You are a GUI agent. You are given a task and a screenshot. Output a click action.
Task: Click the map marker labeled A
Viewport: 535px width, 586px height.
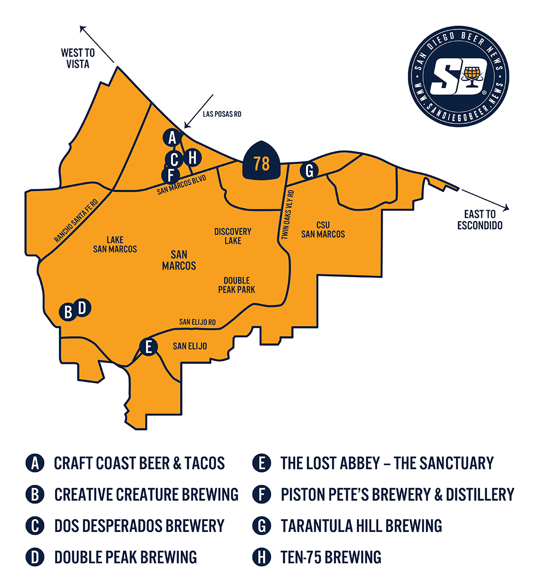click(x=172, y=138)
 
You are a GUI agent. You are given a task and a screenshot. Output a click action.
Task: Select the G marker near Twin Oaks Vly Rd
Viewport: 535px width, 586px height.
click(x=309, y=171)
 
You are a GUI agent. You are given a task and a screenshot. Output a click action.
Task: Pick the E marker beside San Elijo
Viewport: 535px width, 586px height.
click(x=148, y=347)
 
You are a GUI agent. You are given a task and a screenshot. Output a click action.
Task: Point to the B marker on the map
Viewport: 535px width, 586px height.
click(x=68, y=311)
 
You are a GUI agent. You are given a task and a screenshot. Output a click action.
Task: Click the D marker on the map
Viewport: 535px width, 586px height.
click(x=82, y=308)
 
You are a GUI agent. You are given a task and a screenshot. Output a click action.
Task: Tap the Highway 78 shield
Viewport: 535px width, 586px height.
click(x=262, y=161)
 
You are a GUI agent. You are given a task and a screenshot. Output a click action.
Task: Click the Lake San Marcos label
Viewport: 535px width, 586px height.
click(x=114, y=245)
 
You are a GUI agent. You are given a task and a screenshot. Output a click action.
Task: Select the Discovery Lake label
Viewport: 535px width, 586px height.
click(x=233, y=236)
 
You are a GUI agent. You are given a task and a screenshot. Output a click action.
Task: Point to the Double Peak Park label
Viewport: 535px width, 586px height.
click(x=236, y=285)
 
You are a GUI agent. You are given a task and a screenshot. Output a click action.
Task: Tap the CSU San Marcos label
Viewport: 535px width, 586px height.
click(x=323, y=230)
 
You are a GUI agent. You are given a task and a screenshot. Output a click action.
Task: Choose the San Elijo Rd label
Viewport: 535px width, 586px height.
click(x=197, y=322)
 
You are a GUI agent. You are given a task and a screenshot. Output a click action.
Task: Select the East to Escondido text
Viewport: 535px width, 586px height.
click(x=480, y=220)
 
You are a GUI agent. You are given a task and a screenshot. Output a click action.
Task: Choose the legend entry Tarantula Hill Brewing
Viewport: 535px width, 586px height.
click(x=361, y=526)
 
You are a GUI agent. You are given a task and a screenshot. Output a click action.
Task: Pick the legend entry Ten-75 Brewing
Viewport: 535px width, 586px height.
click(x=331, y=557)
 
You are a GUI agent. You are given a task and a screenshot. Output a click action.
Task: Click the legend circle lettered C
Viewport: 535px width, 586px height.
click(x=35, y=526)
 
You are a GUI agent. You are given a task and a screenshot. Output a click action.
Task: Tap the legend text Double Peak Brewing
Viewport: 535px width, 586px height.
click(x=125, y=557)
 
